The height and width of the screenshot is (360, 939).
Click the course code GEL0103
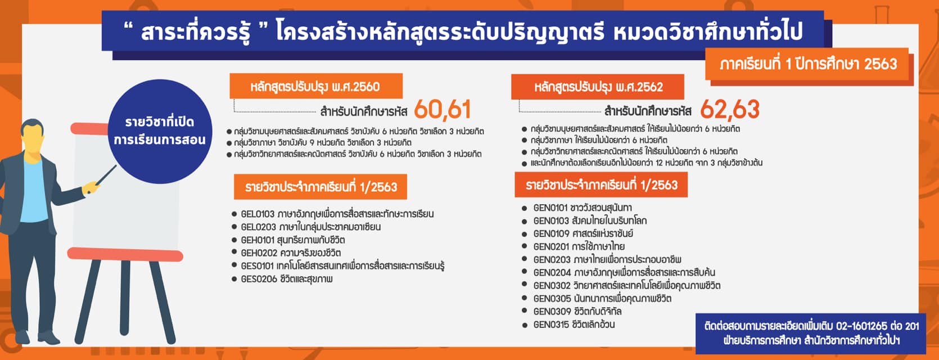coord(258,214)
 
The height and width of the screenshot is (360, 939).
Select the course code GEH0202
coord(258,253)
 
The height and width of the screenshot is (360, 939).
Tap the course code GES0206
coord(259,279)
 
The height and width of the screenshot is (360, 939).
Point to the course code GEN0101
coord(550,208)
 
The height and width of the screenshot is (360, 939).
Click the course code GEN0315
coord(551,325)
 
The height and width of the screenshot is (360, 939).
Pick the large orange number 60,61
coord(443,110)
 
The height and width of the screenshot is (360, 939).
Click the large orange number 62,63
coord(730,109)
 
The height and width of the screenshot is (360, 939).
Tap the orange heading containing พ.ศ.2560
coord(316,87)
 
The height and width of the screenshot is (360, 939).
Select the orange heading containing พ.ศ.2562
coord(598,87)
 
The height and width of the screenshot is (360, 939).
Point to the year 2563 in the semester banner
coord(881,64)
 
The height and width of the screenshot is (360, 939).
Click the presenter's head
coord(32,134)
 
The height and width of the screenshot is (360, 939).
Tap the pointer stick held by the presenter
coord(106,175)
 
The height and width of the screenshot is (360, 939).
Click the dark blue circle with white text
coord(160,131)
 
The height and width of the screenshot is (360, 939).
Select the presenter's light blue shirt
coord(34,190)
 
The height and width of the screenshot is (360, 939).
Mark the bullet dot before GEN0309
coord(524,311)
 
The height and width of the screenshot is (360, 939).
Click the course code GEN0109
coord(551,233)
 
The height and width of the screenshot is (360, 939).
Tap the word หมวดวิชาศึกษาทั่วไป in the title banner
coord(707,32)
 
